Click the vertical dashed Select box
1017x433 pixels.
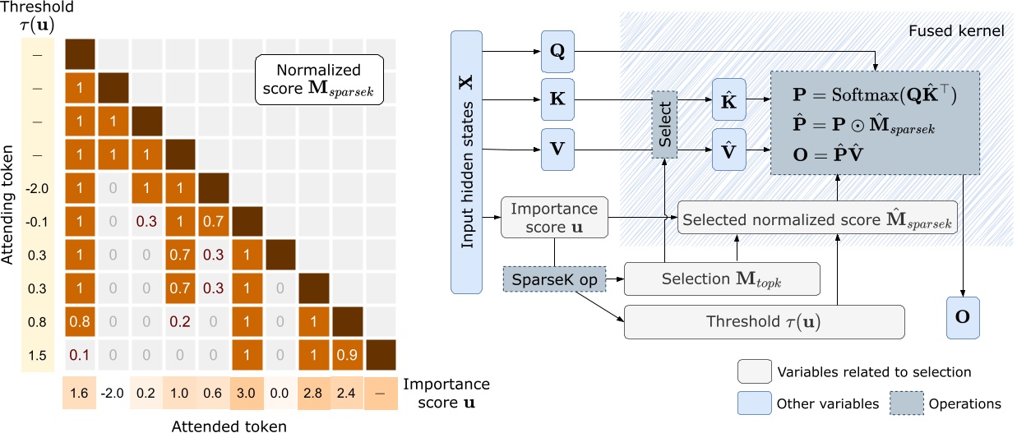(x=664, y=125)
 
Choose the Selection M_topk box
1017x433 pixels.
(x=723, y=280)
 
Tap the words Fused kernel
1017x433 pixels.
(x=956, y=31)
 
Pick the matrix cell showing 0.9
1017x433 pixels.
(x=346, y=355)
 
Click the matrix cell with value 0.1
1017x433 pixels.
(x=81, y=355)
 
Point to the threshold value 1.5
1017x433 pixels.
(x=35, y=355)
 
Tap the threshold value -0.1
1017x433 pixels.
(x=35, y=222)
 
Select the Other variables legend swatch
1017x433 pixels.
(x=752, y=403)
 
